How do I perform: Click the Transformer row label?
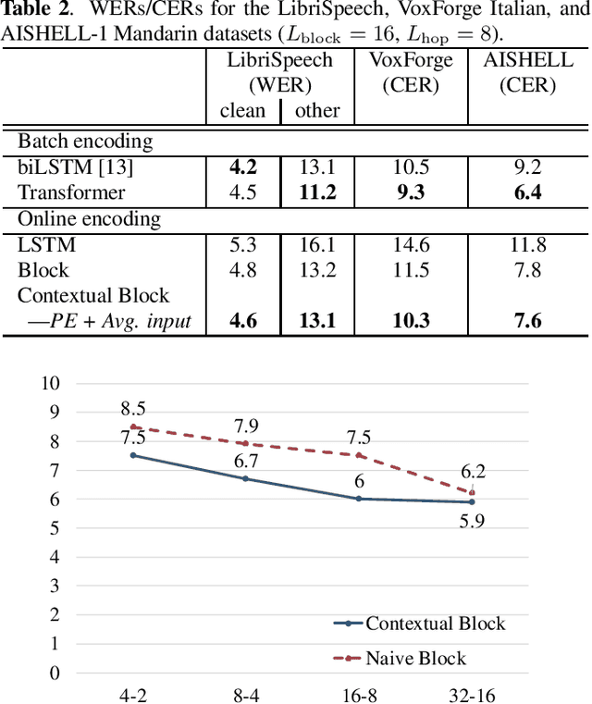(x=71, y=193)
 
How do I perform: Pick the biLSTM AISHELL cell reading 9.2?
(x=527, y=167)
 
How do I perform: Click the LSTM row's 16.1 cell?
(x=317, y=245)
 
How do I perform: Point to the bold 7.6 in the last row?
(x=527, y=322)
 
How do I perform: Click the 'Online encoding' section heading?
(x=90, y=219)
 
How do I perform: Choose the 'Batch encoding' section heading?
(x=86, y=142)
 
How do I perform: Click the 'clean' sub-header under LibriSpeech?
(x=242, y=111)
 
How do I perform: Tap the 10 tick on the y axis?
(x=50, y=384)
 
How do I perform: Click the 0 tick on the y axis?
(x=55, y=673)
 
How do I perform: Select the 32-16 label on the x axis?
(x=472, y=693)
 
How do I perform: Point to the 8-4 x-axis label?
(x=245, y=693)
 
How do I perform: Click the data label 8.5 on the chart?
(x=134, y=410)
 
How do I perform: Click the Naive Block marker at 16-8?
(x=358, y=455)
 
